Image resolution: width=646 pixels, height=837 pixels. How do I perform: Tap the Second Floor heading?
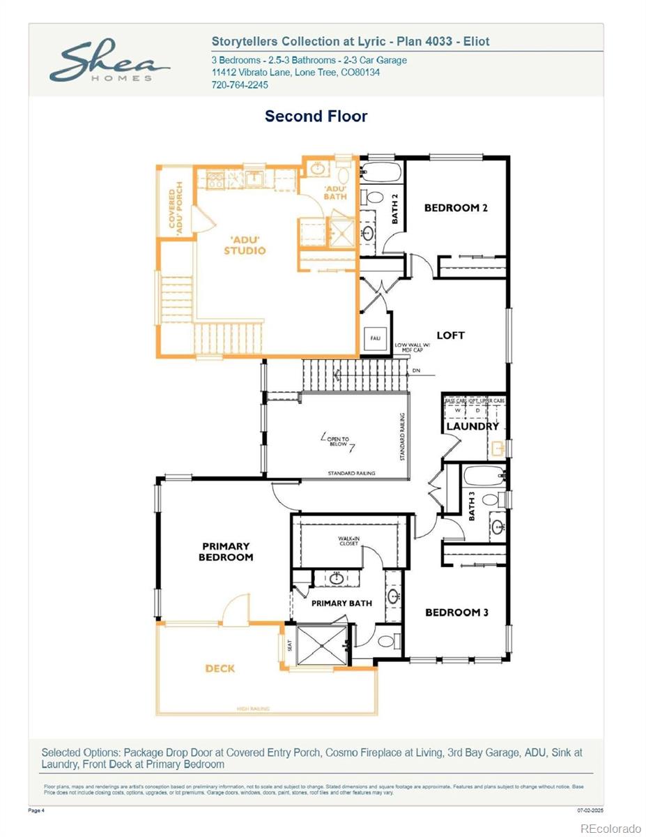coord(316,116)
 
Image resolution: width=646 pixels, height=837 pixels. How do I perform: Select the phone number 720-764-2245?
coord(240,85)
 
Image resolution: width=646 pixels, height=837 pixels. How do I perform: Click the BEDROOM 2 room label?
coord(456,207)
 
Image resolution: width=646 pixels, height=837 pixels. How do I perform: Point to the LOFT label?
coord(450,335)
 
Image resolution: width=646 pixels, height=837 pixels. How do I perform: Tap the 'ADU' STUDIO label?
coord(245,245)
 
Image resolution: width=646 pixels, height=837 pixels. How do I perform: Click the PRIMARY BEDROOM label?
coord(226,552)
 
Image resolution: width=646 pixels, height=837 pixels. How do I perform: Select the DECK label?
coord(220,668)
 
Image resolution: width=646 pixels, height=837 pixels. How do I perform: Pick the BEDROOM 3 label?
coord(456,612)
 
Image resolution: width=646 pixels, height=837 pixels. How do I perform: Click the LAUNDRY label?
coord(472,426)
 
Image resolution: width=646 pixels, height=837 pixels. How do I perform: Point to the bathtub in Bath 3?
coord(483,476)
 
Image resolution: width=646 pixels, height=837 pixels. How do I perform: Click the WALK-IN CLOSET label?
coord(348,541)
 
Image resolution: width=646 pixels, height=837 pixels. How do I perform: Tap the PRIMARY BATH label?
coord(341,603)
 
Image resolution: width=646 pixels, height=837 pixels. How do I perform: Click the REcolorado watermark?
coord(610,828)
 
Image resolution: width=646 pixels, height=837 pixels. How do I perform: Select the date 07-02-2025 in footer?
coord(590,810)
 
